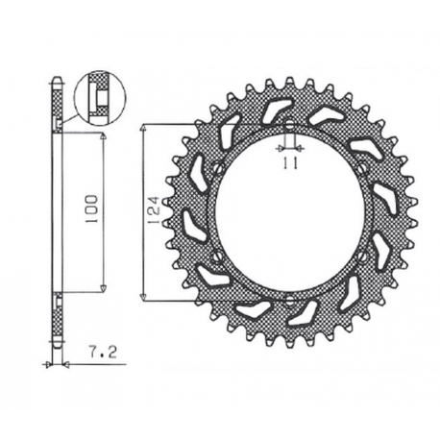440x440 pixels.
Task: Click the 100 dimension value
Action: tap(90, 211)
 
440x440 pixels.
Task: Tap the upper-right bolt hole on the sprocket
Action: tap(361, 171)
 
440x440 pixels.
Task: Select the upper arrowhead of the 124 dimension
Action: tap(144, 127)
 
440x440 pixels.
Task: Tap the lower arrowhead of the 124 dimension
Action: tap(144, 298)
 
